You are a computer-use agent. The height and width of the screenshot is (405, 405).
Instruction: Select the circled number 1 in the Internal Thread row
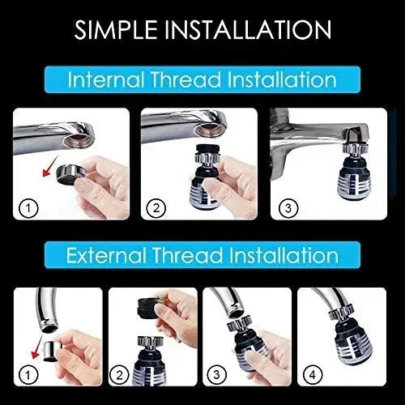click(x=29, y=208)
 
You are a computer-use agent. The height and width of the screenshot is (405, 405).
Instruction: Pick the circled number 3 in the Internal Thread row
click(x=283, y=208)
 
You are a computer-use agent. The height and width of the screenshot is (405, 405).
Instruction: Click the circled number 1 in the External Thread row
click(x=28, y=375)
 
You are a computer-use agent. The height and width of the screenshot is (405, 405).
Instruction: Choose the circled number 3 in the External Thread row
click(x=217, y=375)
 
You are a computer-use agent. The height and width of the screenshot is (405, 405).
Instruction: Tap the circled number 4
click(x=313, y=375)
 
